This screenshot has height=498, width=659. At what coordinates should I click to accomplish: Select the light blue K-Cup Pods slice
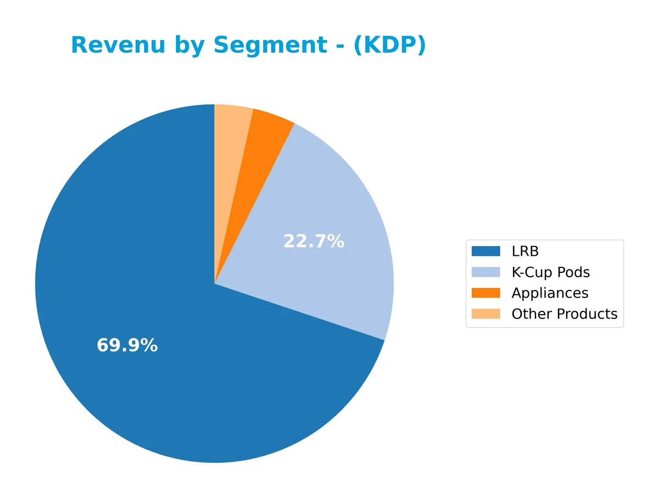tap(329, 220)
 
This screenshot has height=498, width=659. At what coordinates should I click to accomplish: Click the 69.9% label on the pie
tap(127, 345)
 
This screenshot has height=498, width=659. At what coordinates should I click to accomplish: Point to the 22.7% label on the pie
tap(314, 241)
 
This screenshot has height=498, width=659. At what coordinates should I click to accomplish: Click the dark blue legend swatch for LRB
tap(485, 251)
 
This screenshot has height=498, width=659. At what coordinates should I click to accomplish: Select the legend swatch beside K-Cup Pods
tap(485, 272)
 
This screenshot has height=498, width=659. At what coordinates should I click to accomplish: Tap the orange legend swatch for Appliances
tap(485, 293)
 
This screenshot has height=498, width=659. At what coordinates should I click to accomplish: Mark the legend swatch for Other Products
tap(485, 314)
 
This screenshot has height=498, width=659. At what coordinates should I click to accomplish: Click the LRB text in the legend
tap(525, 251)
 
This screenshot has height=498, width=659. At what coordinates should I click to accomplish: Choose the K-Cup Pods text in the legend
tap(550, 272)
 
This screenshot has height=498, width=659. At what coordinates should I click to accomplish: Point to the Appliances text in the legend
tap(550, 293)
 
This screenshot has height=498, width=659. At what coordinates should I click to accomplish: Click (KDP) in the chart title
tap(389, 45)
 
